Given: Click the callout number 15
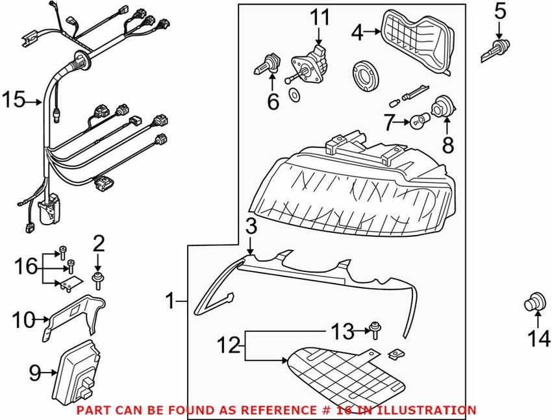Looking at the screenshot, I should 13,101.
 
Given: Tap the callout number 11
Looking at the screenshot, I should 319,18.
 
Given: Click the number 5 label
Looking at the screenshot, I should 499,11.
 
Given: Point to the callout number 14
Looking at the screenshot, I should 538,338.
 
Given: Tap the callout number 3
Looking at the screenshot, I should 251,227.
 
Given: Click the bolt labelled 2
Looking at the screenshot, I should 98,280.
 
